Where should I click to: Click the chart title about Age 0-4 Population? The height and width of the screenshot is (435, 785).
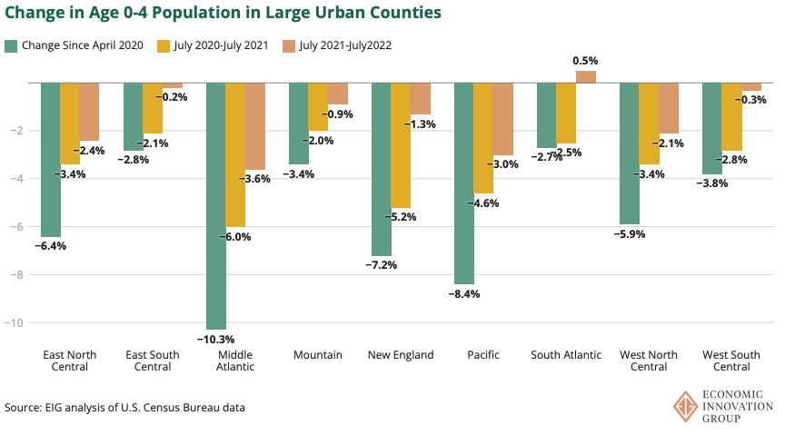click(x=224, y=13)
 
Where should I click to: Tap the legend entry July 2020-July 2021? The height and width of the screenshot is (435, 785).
click(x=214, y=44)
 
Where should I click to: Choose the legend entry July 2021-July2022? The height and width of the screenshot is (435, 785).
click(x=337, y=44)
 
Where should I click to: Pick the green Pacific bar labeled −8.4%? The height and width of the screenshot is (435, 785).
click(x=463, y=183)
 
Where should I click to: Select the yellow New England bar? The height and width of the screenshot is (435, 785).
click(x=401, y=145)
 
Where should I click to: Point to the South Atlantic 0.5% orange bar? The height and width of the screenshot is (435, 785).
click(x=585, y=77)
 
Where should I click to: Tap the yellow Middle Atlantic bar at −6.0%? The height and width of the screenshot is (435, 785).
click(x=235, y=154)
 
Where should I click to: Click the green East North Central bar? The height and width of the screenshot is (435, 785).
click(x=51, y=159)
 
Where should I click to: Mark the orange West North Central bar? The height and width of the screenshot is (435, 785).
click(x=668, y=108)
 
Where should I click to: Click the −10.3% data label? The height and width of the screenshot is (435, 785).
click(x=216, y=339)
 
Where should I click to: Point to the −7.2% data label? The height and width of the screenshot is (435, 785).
click(x=381, y=265)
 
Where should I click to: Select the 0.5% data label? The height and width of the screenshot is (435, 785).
click(x=585, y=61)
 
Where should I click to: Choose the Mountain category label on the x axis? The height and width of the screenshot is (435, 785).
click(x=318, y=355)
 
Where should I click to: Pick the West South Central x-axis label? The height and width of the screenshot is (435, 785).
click(x=730, y=361)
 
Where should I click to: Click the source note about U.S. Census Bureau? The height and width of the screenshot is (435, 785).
click(x=124, y=407)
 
